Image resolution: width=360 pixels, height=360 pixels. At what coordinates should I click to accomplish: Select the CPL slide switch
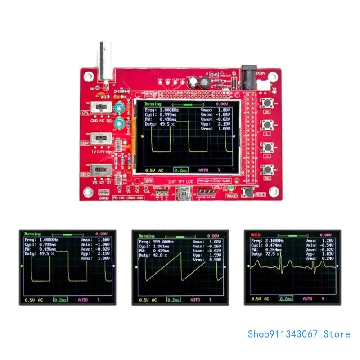(x=102, y=108)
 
